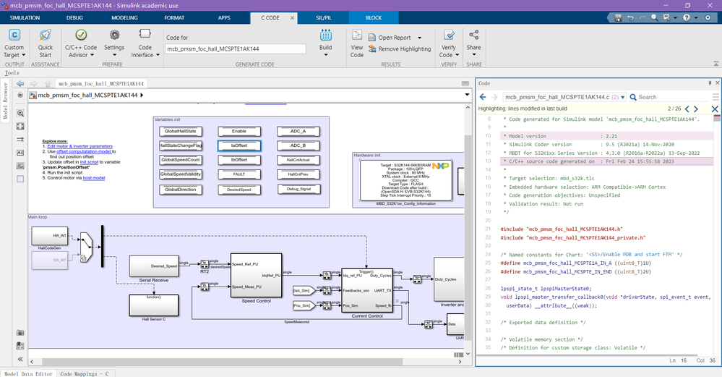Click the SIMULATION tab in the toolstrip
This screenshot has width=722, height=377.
25,17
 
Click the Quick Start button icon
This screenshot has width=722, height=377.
46,35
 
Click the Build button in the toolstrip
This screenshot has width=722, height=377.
325,40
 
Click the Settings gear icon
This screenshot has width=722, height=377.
113,35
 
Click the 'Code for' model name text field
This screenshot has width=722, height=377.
235,48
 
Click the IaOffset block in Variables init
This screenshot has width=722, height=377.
239,145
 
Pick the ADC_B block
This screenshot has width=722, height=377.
298,145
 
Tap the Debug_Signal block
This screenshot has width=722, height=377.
298,189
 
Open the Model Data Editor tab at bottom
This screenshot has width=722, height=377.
28,373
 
